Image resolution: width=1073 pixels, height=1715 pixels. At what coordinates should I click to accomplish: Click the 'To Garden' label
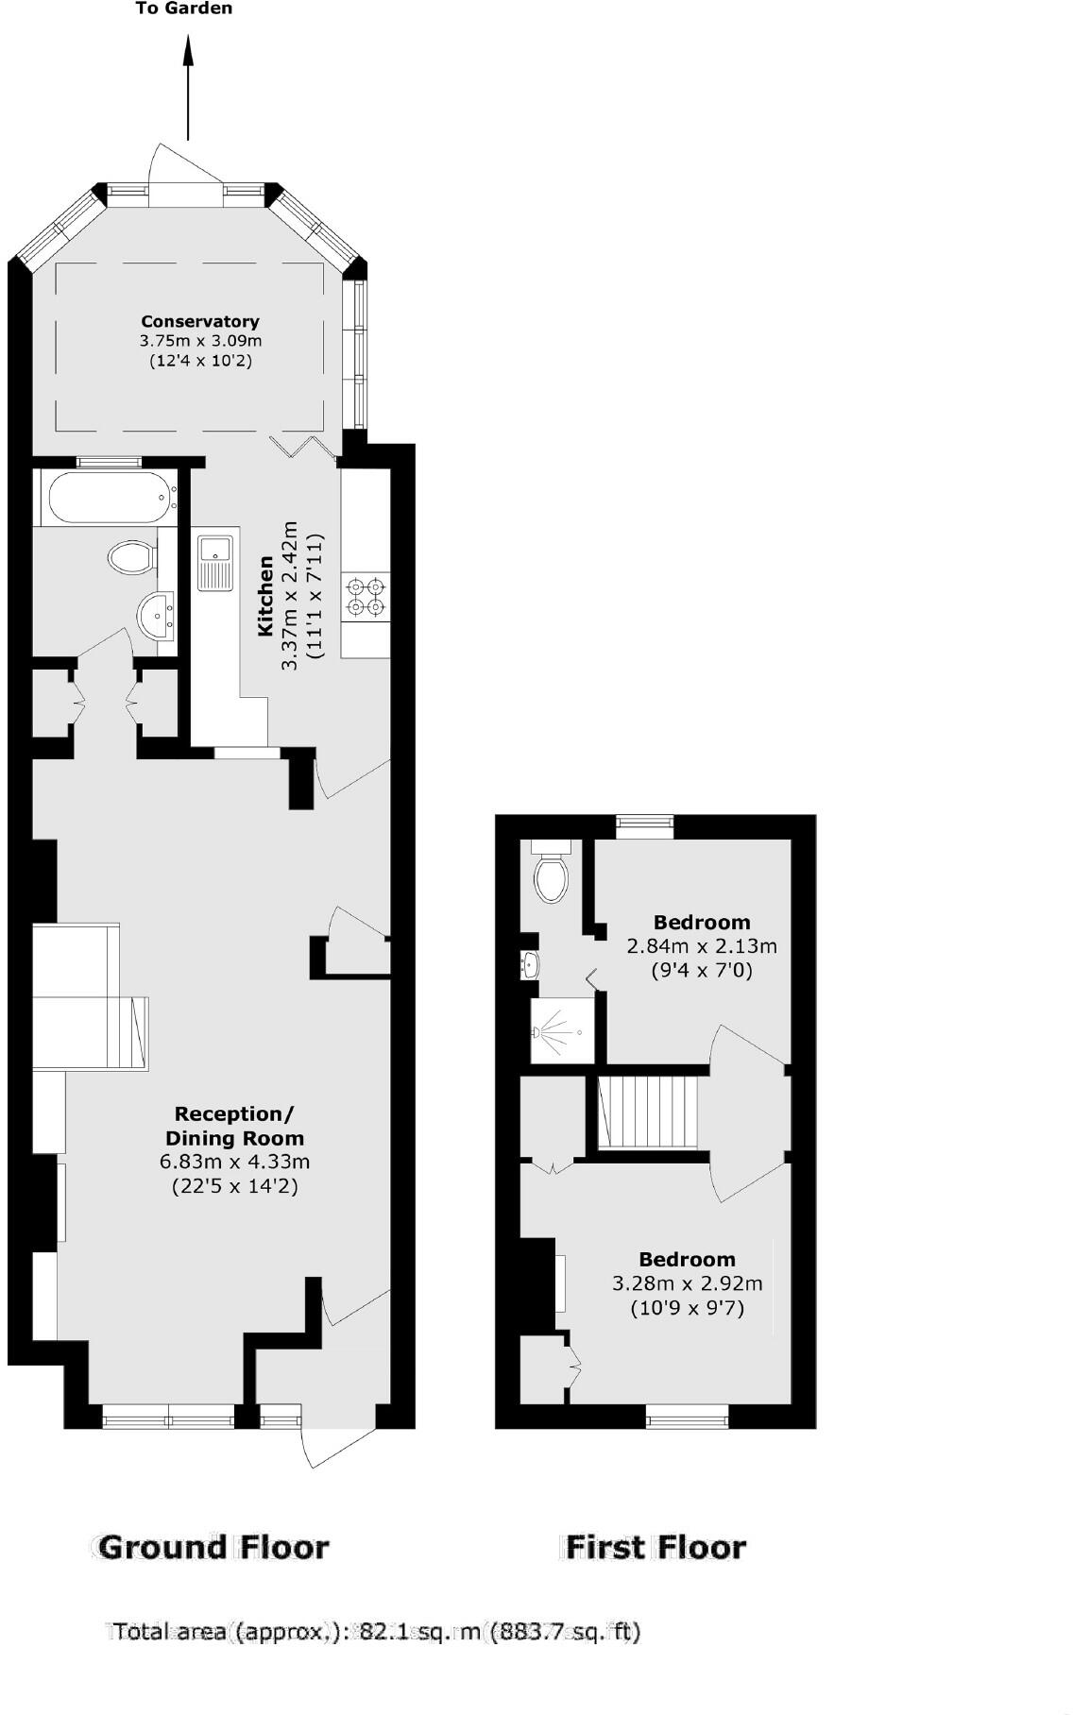click(x=184, y=8)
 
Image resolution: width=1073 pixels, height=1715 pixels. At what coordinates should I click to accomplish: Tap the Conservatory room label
click(x=200, y=322)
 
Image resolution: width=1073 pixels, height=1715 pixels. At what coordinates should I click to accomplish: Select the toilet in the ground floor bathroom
click(x=130, y=557)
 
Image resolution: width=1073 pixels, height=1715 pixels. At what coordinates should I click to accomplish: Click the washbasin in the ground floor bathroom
click(x=155, y=616)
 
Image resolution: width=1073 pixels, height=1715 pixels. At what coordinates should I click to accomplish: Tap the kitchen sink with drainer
click(x=215, y=562)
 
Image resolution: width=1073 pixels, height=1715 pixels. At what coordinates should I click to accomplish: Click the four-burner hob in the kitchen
click(x=366, y=597)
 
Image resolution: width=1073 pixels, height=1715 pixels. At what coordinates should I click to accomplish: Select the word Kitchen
click(x=266, y=596)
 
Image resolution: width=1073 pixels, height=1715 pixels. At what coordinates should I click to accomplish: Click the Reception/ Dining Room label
click(x=234, y=1126)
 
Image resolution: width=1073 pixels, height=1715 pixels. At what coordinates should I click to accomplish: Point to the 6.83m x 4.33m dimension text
click(x=234, y=1162)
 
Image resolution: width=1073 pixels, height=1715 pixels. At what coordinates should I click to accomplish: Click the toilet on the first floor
click(x=550, y=874)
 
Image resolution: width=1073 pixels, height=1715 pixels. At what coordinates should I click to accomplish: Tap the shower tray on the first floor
click(x=563, y=1031)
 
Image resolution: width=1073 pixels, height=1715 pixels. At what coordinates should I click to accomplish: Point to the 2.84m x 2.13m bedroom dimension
click(x=702, y=945)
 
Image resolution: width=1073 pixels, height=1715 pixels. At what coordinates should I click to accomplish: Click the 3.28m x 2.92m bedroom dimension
click(x=687, y=1283)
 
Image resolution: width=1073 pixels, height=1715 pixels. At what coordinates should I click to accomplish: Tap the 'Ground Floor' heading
click(x=213, y=1546)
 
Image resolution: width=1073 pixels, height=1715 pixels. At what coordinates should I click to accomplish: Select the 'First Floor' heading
click(x=656, y=1546)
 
